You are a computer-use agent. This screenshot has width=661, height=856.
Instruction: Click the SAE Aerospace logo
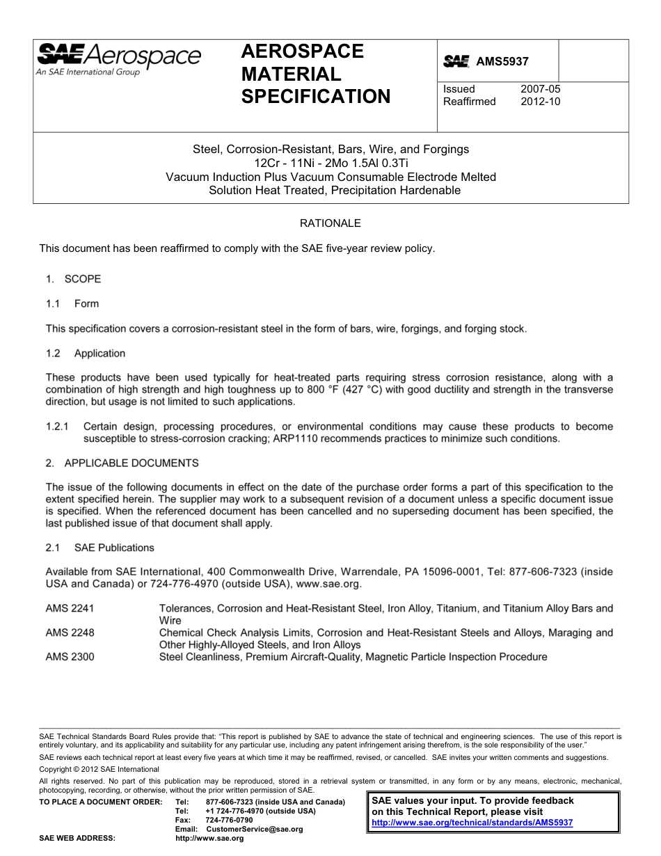(x=118, y=58)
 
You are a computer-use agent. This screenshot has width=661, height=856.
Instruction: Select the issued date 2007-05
(x=540, y=89)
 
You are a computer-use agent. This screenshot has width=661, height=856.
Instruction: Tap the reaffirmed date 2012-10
(x=540, y=102)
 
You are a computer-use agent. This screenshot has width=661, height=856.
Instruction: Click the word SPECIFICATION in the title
(x=315, y=97)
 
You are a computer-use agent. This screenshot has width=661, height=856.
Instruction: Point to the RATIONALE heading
(x=330, y=223)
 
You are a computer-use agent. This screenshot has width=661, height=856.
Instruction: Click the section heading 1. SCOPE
(x=73, y=279)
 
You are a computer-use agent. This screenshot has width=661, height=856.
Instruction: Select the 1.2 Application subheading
(x=86, y=354)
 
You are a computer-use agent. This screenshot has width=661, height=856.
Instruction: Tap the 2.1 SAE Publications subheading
(x=100, y=548)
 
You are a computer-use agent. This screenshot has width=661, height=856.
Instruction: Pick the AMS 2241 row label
(x=70, y=608)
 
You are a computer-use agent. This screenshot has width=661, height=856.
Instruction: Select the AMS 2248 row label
(x=70, y=633)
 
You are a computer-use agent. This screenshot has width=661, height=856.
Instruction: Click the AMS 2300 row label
(x=70, y=657)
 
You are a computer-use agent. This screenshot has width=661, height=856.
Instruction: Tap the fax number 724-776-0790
(x=230, y=821)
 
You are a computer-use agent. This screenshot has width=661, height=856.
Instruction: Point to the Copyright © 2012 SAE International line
(x=99, y=769)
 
